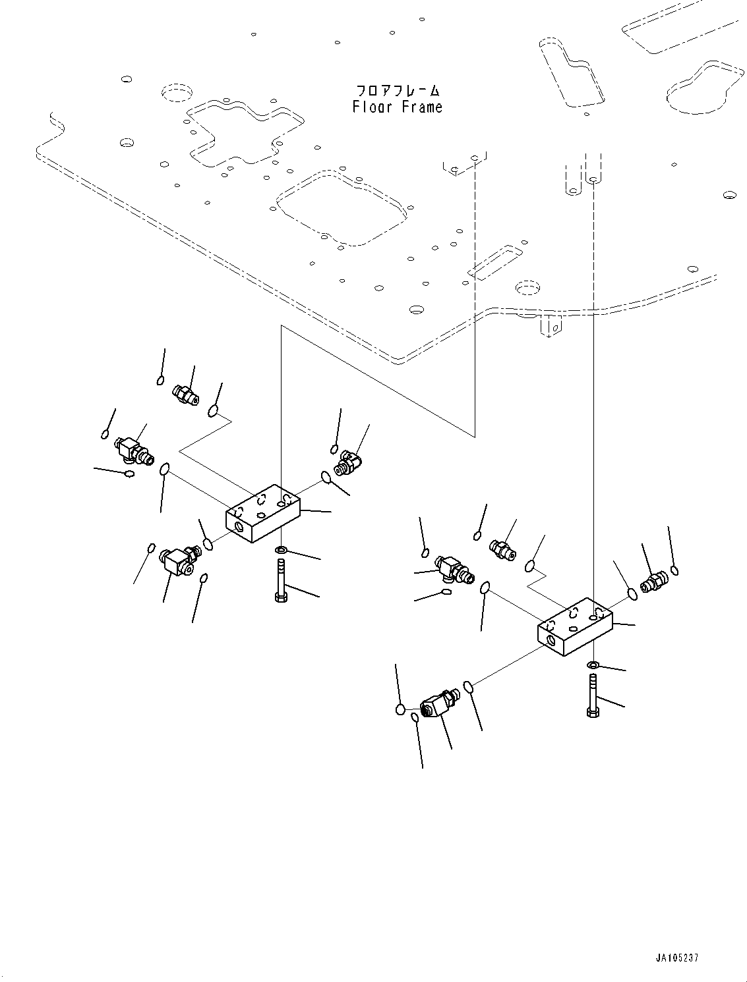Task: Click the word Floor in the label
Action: (x=373, y=107)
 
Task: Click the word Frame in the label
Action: (x=422, y=107)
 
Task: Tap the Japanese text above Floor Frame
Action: (x=398, y=91)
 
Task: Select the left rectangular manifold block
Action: (x=263, y=513)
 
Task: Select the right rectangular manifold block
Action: (x=575, y=627)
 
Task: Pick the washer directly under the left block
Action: (x=282, y=549)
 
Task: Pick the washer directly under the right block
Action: (x=593, y=665)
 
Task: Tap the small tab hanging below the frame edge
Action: (x=551, y=326)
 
